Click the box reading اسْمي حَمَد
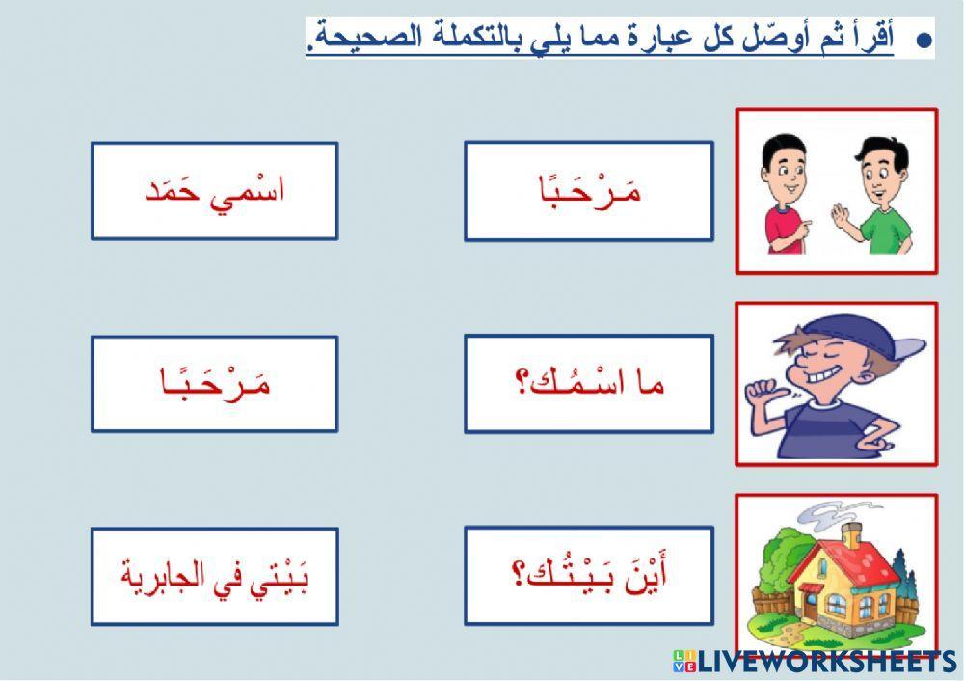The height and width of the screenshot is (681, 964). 214,191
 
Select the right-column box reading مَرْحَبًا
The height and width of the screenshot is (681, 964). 589,191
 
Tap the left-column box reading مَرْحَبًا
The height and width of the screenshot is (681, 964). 214,384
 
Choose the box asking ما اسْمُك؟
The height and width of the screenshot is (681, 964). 589,384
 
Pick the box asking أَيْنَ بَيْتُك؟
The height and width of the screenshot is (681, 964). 589,576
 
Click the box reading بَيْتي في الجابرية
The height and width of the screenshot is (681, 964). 214,576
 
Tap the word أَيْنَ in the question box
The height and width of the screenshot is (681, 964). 649,577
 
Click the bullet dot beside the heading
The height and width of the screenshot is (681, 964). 923,41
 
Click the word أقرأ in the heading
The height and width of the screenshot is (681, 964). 876,40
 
